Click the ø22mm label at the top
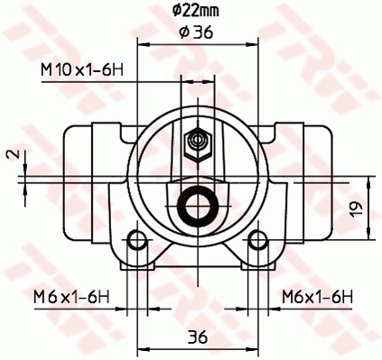[196, 11]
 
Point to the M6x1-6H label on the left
[70, 296]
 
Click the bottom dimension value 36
[197, 337]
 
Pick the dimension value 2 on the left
[10, 154]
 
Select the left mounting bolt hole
[137, 240]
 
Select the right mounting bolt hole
[257, 240]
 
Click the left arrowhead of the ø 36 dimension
[142, 42]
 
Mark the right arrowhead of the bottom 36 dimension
[252, 349]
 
